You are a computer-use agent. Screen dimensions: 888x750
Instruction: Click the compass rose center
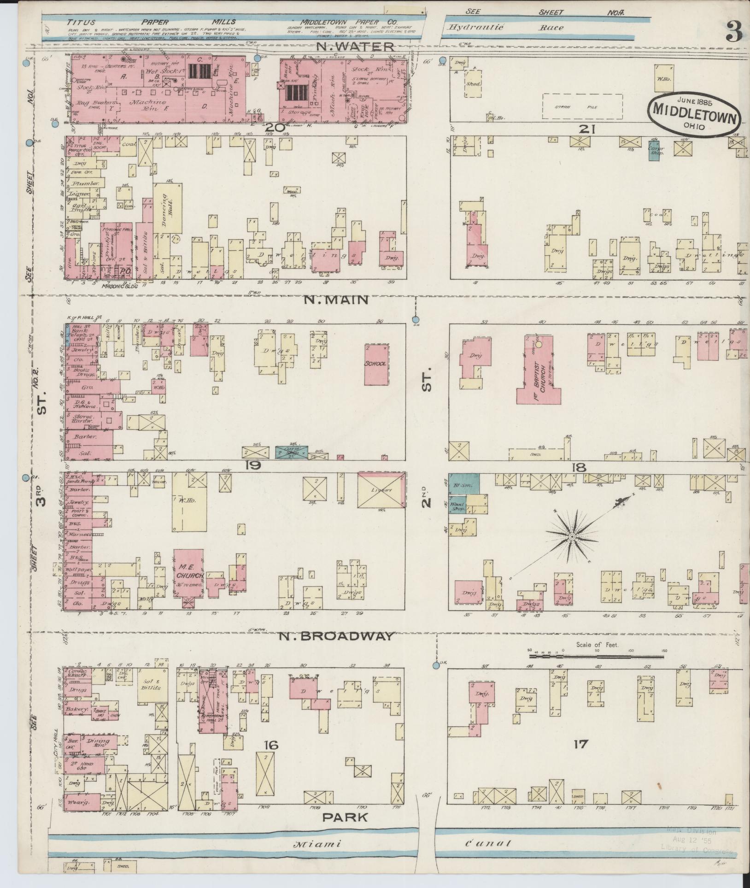tap(572, 537)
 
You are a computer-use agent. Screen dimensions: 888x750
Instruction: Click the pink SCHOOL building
tap(376, 364)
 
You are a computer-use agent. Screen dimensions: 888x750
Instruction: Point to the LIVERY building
tap(381, 490)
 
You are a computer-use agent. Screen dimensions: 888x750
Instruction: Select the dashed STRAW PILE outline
tap(582, 107)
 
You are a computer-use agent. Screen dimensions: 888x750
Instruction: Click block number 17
tap(580, 743)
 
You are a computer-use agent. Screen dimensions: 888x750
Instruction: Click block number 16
tap(272, 745)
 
